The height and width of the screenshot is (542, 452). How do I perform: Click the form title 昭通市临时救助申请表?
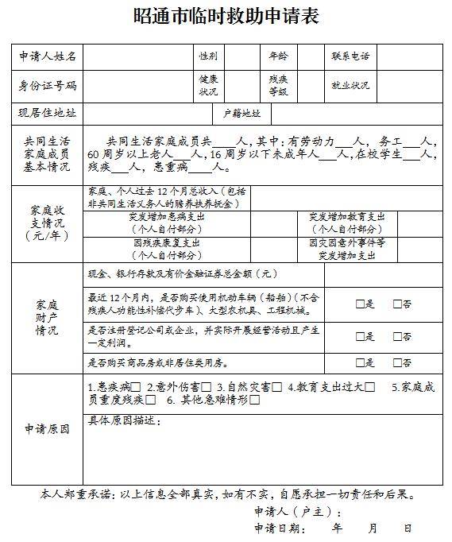[226, 15]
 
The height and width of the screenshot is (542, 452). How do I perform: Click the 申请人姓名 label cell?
[48, 57]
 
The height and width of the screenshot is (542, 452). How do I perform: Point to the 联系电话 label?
[350, 57]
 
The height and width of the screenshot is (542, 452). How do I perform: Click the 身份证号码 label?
[48, 86]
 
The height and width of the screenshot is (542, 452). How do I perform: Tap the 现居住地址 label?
[48, 113]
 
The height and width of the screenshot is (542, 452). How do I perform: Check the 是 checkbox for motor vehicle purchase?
[360, 303]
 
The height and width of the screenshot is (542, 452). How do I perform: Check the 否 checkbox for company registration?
[397, 336]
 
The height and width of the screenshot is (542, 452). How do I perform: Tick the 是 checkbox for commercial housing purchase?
[360, 363]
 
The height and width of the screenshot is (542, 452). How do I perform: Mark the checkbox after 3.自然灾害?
[276, 387]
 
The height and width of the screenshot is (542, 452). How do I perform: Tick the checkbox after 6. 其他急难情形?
[254, 400]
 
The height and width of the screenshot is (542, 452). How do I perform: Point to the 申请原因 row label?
[48, 429]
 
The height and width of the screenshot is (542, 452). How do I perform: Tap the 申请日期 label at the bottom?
[279, 528]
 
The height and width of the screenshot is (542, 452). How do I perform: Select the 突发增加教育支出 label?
[347, 222]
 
